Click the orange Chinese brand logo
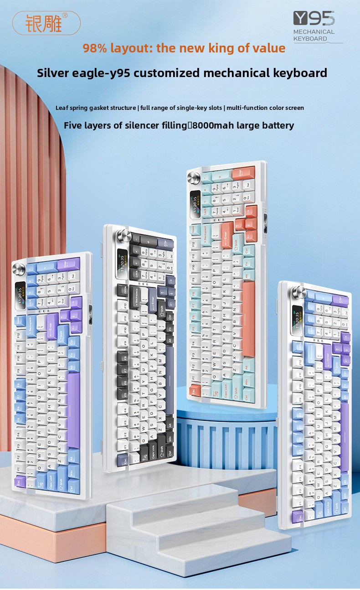pyautogui.click(x=46, y=23)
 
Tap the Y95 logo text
pyautogui.click(x=314, y=18)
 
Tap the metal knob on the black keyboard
pyautogui.click(x=123, y=236)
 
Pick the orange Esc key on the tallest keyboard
pyautogui.click(x=195, y=390)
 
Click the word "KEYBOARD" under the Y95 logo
pyautogui.click(x=310, y=39)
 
